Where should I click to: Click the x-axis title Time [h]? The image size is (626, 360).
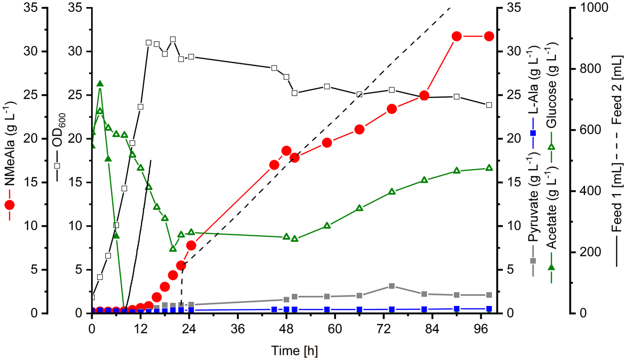pyautogui.click(x=294, y=348)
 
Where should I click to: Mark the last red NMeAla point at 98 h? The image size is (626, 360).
pyautogui.click(x=489, y=36)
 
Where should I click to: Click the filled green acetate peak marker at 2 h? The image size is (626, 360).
pyautogui.click(x=100, y=84)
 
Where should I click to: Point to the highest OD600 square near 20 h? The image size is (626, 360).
pyautogui.click(x=173, y=39)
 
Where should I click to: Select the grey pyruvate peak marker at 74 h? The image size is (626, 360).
pyautogui.click(x=392, y=286)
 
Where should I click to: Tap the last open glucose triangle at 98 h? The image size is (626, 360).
pyautogui.click(x=489, y=168)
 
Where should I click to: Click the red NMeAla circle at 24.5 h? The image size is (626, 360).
pyautogui.click(x=191, y=245)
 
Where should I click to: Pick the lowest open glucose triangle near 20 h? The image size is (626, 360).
pyautogui.click(x=173, y=249)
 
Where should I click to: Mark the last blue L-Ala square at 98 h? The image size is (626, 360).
pyautogui.click(x=489, y=308)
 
